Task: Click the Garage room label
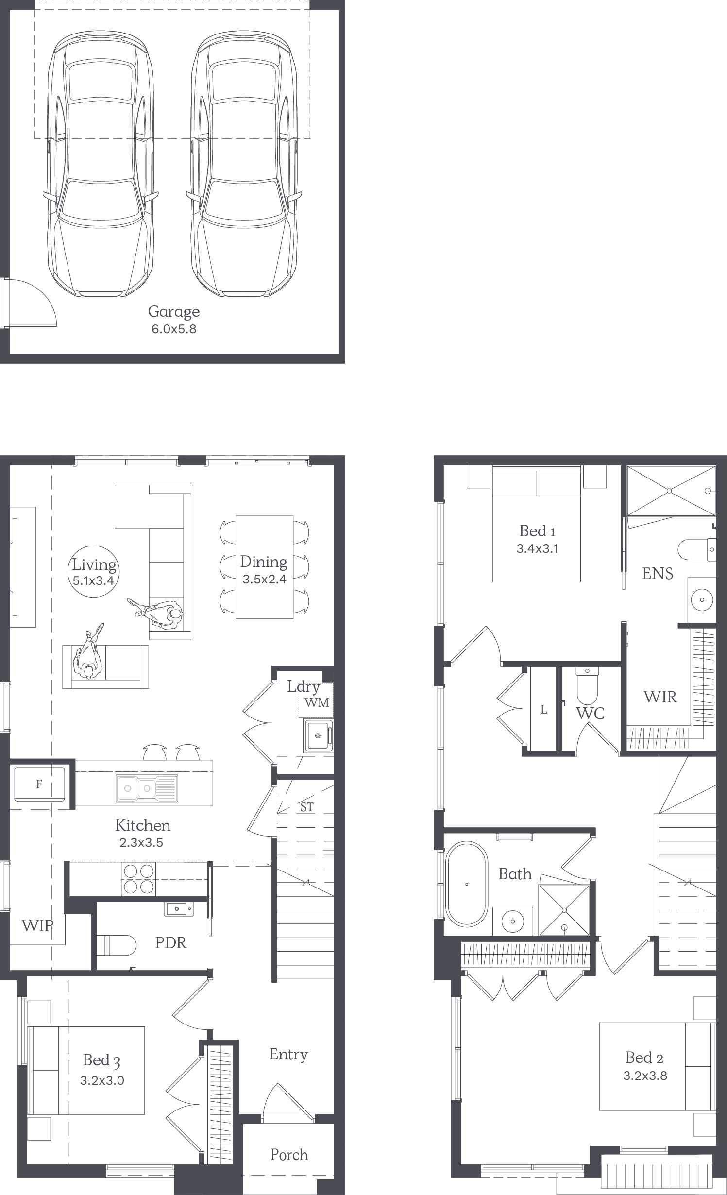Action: coord(174,312)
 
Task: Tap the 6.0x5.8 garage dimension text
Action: coord(174,329)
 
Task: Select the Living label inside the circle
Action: coord(94,565)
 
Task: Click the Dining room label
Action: coord(264,562)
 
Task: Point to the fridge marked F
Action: coord(39,784)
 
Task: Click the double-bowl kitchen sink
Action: coord(147,788)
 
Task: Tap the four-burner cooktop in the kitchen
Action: coord(139,879)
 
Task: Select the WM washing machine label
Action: coord(317,702)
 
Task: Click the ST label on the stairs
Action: coord(307,807)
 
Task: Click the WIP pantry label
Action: coord(37,926)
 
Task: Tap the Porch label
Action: coord(289,1155)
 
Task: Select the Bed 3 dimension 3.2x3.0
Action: coord(102,1081)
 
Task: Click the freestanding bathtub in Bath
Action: coord(467,884)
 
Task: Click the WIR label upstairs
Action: coord(660,697)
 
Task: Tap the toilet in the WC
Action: coord(587,685)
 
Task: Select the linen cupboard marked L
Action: coord(543,710)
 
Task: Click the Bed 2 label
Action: coord(644,1058)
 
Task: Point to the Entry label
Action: coord(288,1055)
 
